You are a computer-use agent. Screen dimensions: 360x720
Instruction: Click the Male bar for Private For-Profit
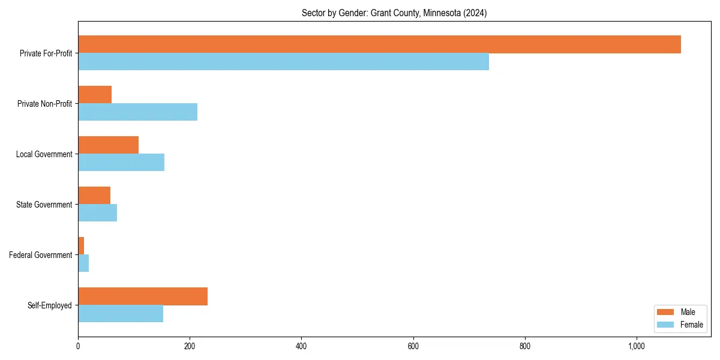coord(379,44)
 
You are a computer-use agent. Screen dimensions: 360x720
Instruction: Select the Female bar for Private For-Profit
coord(283,62)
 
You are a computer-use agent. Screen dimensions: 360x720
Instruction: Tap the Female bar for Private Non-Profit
coord(137,112)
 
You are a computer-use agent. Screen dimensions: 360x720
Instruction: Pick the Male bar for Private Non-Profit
coord(95,95)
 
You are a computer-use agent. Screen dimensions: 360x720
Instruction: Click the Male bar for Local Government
coord(108,145)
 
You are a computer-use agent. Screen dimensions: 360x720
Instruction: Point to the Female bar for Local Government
coord(121,163)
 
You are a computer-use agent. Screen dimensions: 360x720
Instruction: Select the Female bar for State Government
coord(97,213)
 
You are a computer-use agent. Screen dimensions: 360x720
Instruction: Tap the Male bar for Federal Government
coord(81,246)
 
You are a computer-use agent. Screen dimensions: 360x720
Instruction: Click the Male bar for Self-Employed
coord(143,296)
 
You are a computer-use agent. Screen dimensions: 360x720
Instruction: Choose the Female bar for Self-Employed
coord(121,314)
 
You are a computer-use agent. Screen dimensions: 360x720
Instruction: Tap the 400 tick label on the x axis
coord(301,346)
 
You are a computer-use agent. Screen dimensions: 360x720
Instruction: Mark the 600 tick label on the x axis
coord(413,346)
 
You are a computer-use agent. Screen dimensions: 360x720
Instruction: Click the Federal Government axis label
coord(41,255)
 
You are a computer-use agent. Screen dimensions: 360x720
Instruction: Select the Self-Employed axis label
coord(50,305)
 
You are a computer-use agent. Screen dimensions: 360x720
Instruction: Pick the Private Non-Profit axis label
coord(45,104)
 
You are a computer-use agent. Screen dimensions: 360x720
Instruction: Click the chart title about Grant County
coord(394,13)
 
